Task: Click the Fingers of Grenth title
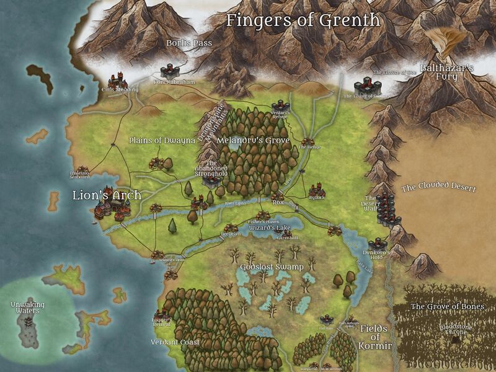click(x=303, y=20)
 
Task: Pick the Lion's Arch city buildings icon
click(x=115, y=208)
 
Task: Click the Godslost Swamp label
click(x=271, y=267)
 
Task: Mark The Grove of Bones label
click(x=447, y=306)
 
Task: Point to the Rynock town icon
click(x=317, y=188)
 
